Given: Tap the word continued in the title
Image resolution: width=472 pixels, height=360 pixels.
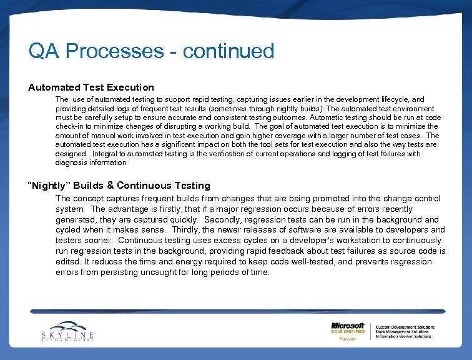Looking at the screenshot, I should tap(229, 51).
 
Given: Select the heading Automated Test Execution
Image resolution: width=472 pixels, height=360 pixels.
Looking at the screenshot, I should tap(91, 87).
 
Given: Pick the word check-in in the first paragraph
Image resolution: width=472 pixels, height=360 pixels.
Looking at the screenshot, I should tap(71, 127).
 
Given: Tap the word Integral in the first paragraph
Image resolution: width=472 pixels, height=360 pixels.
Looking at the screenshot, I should tap(104, 154).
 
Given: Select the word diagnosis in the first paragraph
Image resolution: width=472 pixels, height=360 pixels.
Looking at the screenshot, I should tap(72, 162).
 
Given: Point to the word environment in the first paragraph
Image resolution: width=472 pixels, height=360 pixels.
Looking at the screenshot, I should tap(411, 109).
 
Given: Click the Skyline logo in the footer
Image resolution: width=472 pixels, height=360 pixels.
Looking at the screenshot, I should tap(67, 331).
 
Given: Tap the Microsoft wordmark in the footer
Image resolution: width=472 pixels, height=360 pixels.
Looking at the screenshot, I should tap(348, 326).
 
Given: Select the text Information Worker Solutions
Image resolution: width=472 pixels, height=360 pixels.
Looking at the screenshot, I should tap(404, 336).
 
